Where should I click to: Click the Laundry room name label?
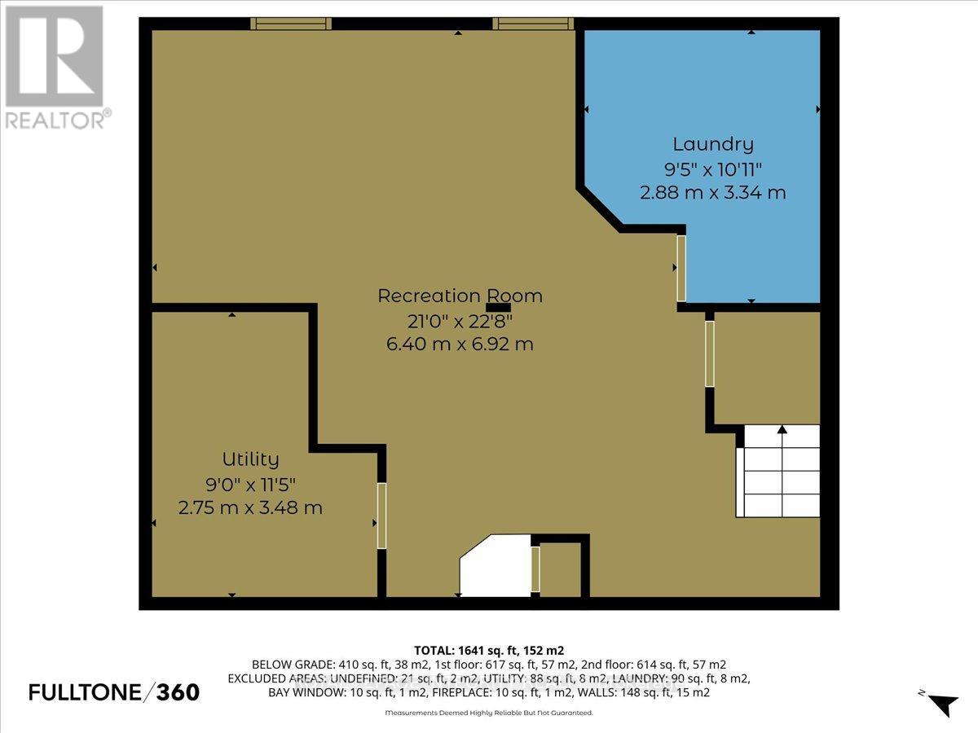[x=713, y=144]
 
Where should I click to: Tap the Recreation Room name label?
[x=460, y=296]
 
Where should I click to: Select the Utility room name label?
[x=250, y=459]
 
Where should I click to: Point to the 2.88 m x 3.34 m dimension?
[x=713, y=193]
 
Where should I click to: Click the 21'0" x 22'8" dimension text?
[x=460, y=320]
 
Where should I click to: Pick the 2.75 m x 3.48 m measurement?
[x=250, y=507]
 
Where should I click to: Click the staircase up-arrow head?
[x=782, y=429]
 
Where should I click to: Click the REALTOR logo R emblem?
[x=54, y=56]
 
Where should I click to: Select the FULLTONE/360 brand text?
[x=114, y=692]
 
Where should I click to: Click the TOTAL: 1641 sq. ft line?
[x=489, y=651]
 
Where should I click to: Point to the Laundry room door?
[x=681, y=269]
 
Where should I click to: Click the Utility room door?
[x=381, y=516]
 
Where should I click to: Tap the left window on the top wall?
[x=290, y=24]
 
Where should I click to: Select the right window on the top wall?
[x=533, y=24]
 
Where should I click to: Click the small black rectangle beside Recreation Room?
[x=498, y=308]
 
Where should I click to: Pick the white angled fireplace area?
[x=495, y=566]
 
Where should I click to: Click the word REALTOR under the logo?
[x=55, y=121]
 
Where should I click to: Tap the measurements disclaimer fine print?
[x=489, y=713]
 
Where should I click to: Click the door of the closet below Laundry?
[x=710, y=353]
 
